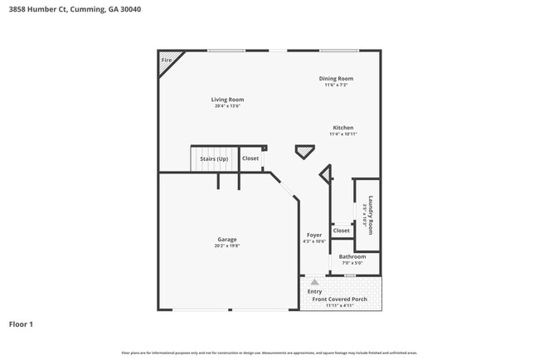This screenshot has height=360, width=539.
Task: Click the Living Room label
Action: point(228,100)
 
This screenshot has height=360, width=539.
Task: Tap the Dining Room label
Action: point(336,79)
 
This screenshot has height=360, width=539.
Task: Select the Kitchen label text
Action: point(343,128)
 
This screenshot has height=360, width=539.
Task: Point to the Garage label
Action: point(227,240)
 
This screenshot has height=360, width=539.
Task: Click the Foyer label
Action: point(314,236)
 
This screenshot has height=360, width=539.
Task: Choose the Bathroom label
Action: point(352,257)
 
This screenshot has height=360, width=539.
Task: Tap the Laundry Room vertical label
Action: point(371,215)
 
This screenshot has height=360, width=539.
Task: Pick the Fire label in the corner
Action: point(166,61)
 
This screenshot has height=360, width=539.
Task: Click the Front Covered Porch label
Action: point(339,299)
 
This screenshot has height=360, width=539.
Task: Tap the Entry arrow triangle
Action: point(314,282)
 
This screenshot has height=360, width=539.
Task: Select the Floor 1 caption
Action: point(21,324)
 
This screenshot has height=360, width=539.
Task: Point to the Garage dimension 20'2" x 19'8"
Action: point(227,246)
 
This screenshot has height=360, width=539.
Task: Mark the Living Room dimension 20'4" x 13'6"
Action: point(228,106)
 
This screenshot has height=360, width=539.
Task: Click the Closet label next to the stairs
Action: point(250,158)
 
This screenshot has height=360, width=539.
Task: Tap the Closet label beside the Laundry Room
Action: point(342,231)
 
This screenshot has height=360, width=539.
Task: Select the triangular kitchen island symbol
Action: point(305,151)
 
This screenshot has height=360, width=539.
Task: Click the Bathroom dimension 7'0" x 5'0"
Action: point(352,265)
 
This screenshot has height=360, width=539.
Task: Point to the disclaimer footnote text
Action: point(269,353)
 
